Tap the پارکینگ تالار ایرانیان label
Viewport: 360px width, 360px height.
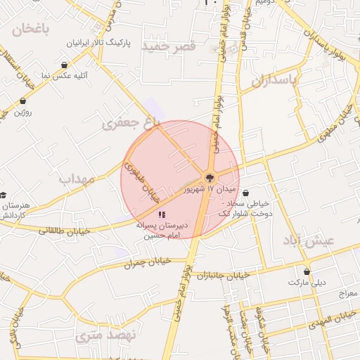99,43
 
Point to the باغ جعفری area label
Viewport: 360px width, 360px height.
131,124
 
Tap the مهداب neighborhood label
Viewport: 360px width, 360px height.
77,179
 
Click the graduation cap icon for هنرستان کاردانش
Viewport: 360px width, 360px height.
3,195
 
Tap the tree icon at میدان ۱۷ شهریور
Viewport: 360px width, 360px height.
209,177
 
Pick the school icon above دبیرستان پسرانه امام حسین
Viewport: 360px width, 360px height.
162,214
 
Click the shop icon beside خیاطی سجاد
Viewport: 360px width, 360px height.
245,193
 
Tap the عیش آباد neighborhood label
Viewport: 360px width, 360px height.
311,240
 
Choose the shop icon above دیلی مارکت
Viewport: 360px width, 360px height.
306,271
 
